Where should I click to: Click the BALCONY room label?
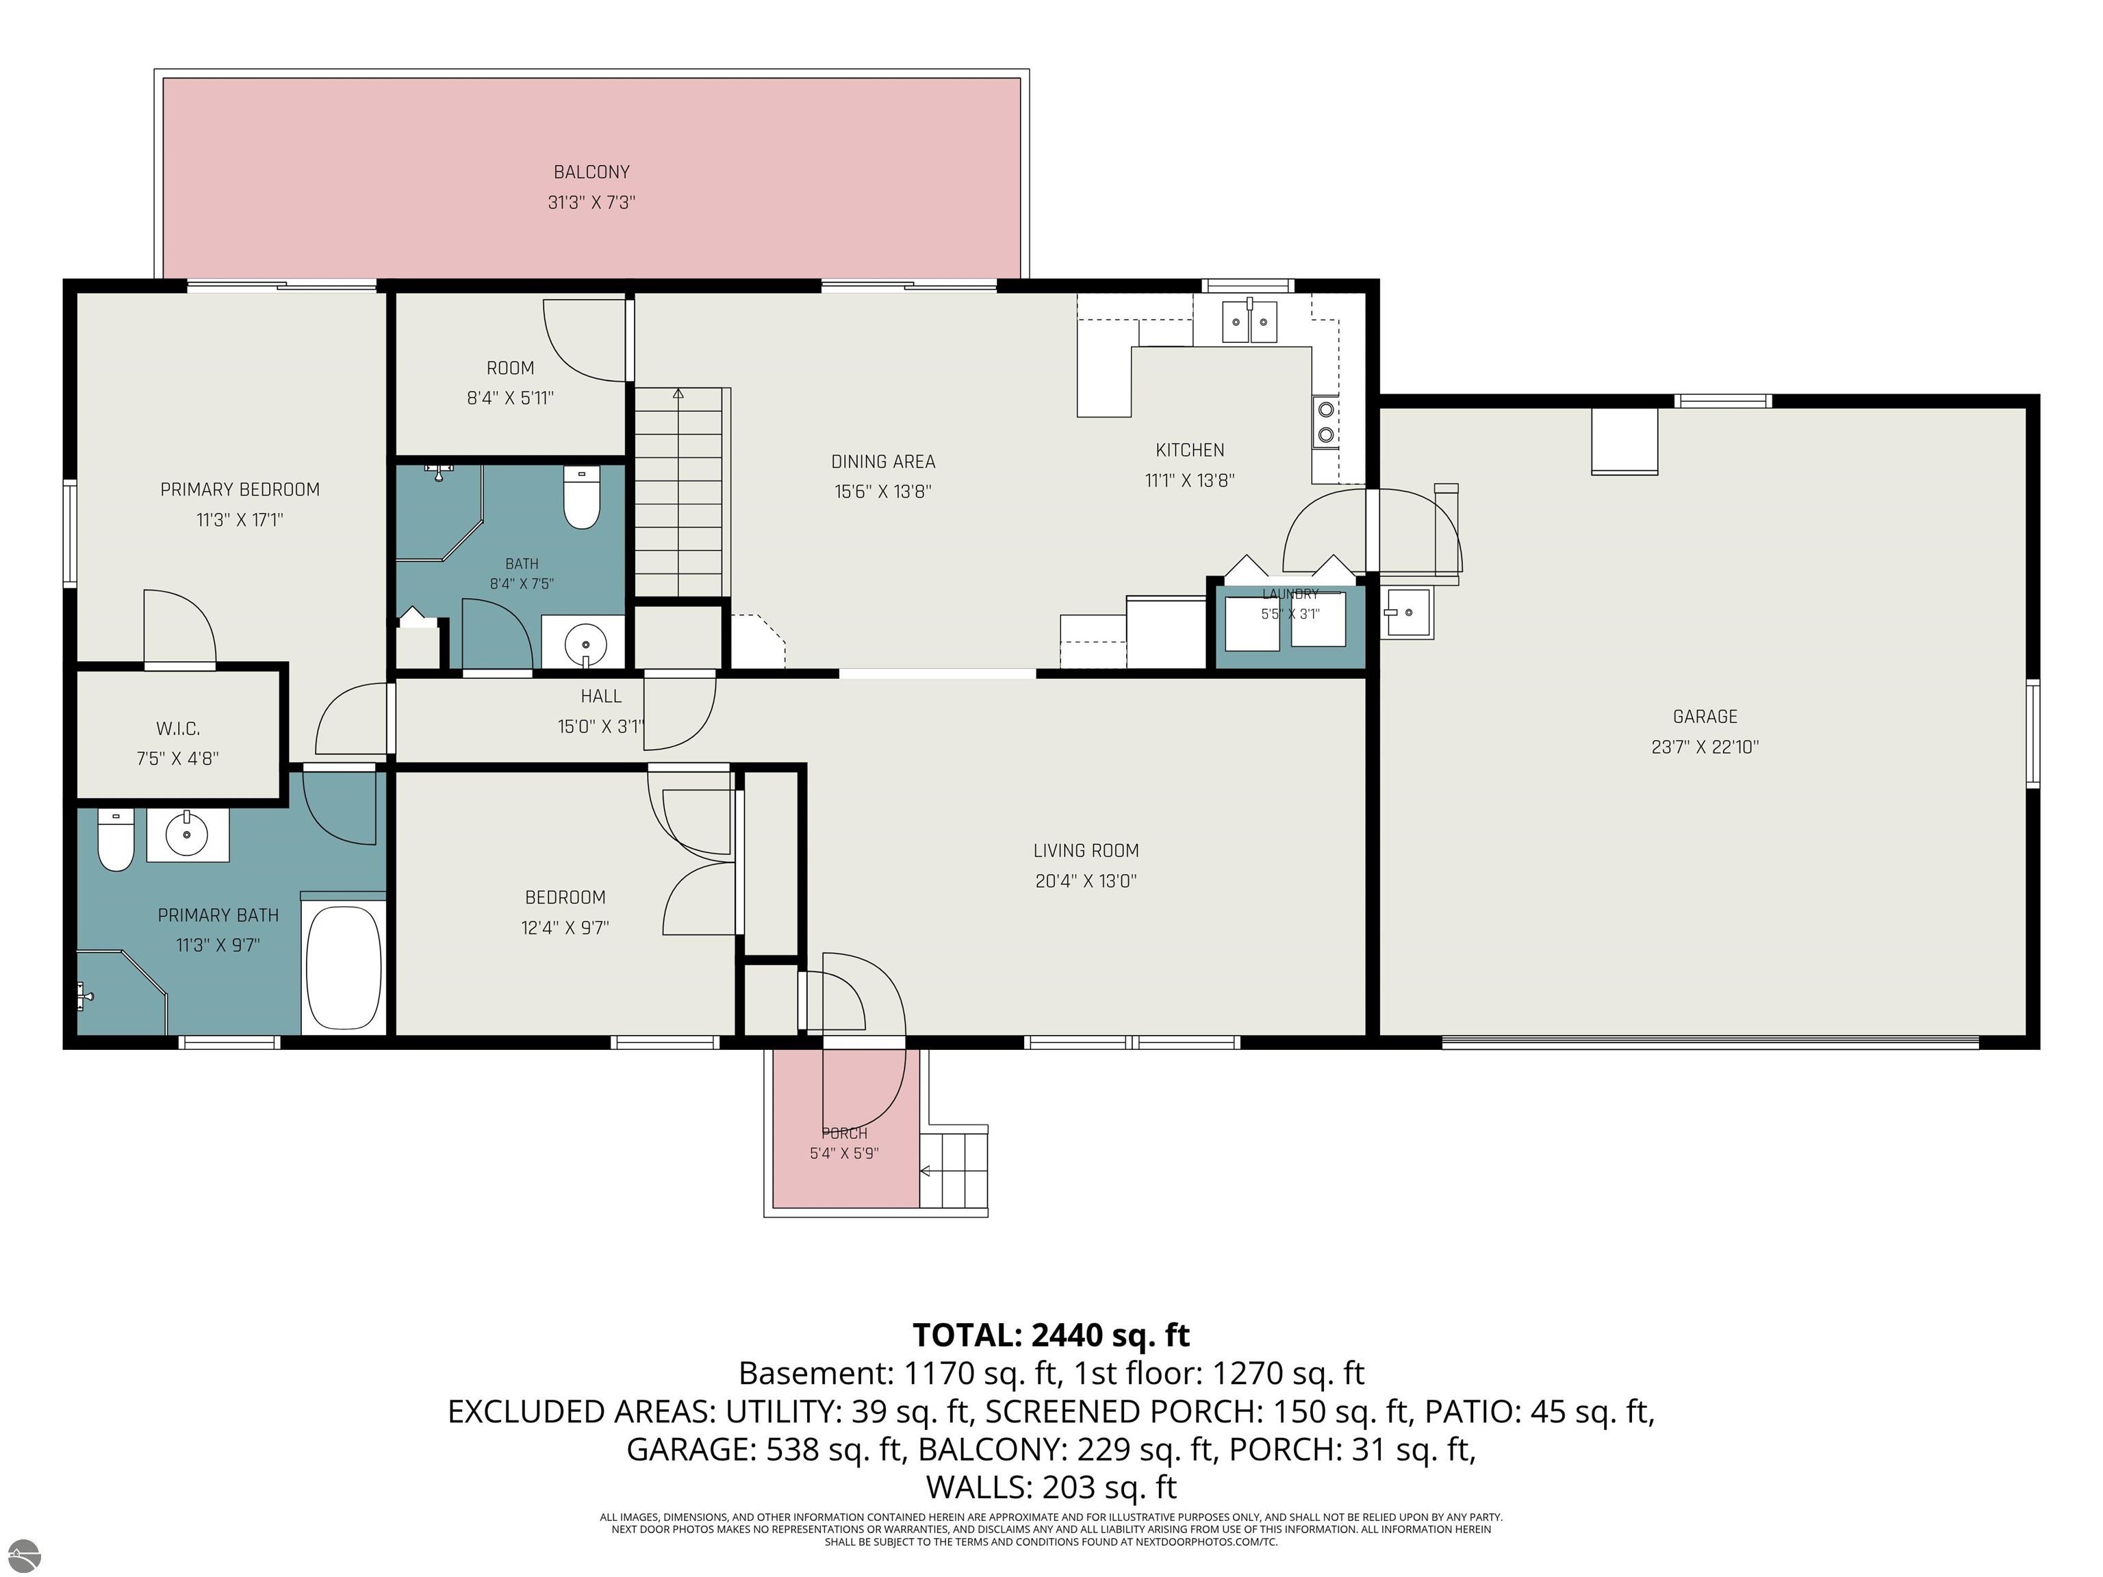click(x=591, y=172)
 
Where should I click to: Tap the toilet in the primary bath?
click(x=116, y=841)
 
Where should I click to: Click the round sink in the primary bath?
click(x=188, y=834)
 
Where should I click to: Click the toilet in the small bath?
click(x=581, y=496)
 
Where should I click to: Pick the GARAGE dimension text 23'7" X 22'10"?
click(x=1705, y=747)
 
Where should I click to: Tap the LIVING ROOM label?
click(x=1086, y=851)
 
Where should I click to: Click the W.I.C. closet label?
click(x=178, y=729)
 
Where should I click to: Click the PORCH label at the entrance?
click(x=844, y=1133)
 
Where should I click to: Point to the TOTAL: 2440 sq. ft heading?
click(x=1051, y=1335)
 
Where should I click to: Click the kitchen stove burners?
click(x=1326, y=422)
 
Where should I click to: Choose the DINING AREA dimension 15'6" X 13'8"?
click(x=883, y=491)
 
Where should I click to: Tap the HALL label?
click(x=601, y=697)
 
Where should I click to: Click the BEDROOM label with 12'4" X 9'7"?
click(x=565, y=897)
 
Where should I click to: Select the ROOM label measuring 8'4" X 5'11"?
click(x=511, y=368)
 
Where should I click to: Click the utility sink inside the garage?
click(x=1406, y=613)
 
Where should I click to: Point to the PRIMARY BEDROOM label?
click(x=240, y=489)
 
